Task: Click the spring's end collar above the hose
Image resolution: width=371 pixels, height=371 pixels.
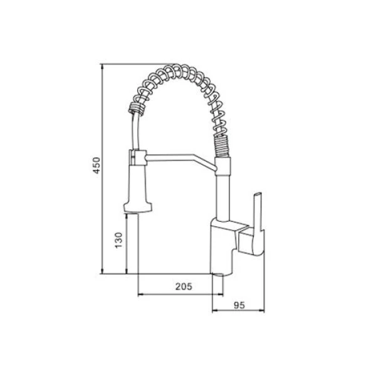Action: click(x=135, y=108)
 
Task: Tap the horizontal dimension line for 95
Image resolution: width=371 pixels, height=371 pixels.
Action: click(x=238, y=311)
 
